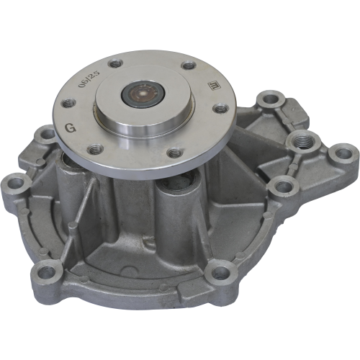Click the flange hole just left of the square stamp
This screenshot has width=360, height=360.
[x=189, y=66]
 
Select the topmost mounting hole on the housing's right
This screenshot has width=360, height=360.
[x=270, y=96]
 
